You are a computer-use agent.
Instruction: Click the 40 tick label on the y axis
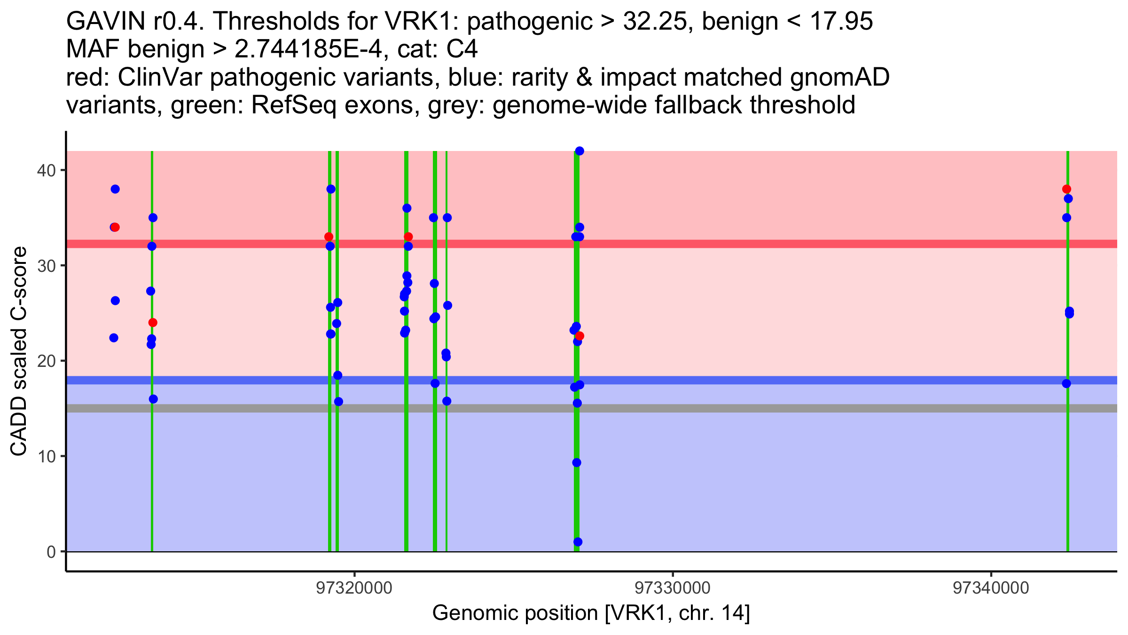(46, 170)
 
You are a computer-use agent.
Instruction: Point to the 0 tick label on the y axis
(51, 552)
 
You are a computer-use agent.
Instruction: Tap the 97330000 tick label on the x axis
(673, 588)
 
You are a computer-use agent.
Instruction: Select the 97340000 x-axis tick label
(991, 588)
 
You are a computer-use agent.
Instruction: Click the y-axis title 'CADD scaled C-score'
(19, 351)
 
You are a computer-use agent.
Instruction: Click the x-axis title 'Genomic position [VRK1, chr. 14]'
(591, 613)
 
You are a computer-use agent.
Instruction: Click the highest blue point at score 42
(580, 151)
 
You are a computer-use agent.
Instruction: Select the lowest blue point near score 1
(578, 542)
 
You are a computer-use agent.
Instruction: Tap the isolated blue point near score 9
(577, 463)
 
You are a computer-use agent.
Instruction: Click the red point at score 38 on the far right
(1066, 189)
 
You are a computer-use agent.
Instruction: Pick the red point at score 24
(153, 323)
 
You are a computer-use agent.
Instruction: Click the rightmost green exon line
(1068, 470)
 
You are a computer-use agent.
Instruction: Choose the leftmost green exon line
(152, 470)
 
